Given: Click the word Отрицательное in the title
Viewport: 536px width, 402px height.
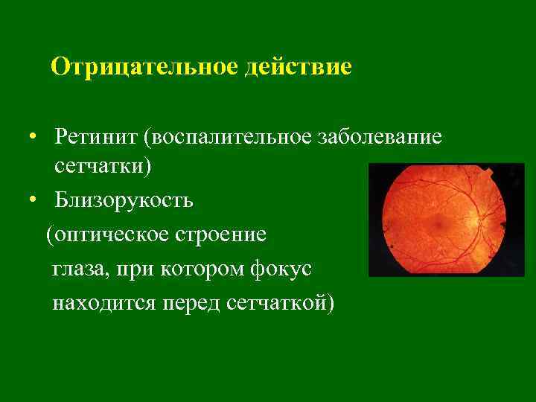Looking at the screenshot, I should pos(144,67).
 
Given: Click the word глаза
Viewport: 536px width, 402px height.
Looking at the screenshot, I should pos(79,269).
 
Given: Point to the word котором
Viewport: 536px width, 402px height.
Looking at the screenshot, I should pos(201,269).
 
